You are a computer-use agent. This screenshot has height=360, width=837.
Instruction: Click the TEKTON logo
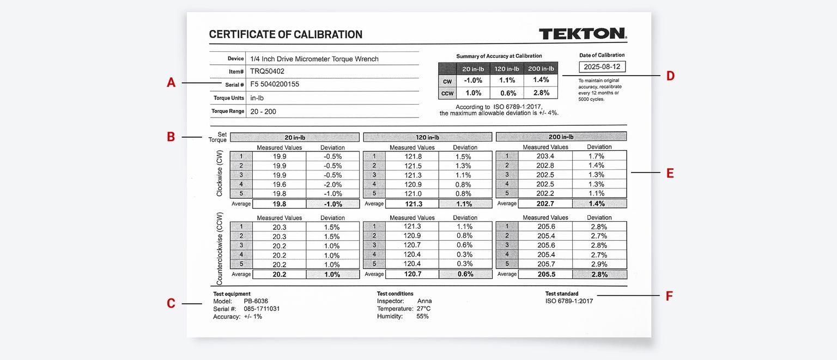coord(583,34)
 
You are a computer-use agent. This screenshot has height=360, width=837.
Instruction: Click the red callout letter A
coord(171,83)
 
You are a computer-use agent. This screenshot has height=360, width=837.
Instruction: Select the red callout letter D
coord(670,76)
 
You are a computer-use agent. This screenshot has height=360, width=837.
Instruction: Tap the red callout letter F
coord(670,296)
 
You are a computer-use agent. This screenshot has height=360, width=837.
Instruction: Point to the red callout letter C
coord(171,303)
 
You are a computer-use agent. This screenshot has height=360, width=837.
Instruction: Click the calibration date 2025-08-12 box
coord(602,66)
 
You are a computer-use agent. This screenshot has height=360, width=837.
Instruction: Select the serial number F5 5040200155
coord(275,84)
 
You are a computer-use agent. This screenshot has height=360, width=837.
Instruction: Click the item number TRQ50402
coord(267,71)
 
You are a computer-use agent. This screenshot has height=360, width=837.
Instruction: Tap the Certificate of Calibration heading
coord(286,34)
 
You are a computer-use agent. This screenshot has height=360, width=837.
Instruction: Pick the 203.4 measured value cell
coord(545,156)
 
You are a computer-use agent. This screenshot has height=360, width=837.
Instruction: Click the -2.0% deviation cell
coord(332,184)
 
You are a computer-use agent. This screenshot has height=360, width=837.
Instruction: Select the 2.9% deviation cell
coord(599,265)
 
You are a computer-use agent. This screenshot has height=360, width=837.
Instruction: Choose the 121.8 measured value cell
coord(412,156)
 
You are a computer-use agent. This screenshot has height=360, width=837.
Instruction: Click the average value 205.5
coord(545,274)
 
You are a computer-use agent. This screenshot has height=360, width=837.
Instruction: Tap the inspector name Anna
coord(424,301)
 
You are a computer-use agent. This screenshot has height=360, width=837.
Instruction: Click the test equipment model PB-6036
coord(256,301)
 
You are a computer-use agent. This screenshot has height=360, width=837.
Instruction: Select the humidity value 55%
coord(422,316)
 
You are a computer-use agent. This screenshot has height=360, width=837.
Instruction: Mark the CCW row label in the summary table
coord(446,93)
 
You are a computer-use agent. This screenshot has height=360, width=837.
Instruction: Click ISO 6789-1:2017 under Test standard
coord(569,301)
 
